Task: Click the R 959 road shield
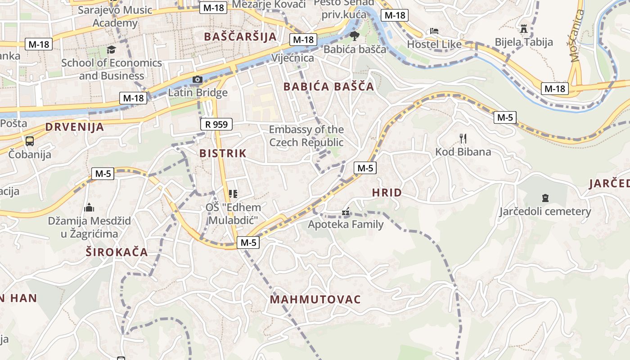[x=216, y=124]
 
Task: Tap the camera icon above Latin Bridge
[x=197, y=80]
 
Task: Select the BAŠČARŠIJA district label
[x=240, y=37]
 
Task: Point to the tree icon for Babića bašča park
[x=355, y=36]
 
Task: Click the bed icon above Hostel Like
[x=434, y=31]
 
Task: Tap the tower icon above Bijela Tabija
[x=524, y=29]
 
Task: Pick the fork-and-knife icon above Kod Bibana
[x=463, y=138]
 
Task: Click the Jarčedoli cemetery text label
[x=545, y=211]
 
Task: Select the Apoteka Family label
[x=346, y=224]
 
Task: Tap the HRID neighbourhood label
[x=387, y=193]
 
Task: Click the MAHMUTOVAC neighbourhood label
[x=315, y=300]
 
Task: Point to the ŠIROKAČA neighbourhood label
[x=117, y=252]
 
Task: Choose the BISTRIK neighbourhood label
[x=223, y=153]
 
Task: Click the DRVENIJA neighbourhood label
[x=75, y=127]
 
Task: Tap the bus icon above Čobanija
[x=30, y=141]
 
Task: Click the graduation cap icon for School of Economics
[x=111, y=49]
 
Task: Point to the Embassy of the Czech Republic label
[x=306, y=136]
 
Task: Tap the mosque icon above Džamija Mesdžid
[x=89, y=207]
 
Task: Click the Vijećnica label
[x=292, y=58]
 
